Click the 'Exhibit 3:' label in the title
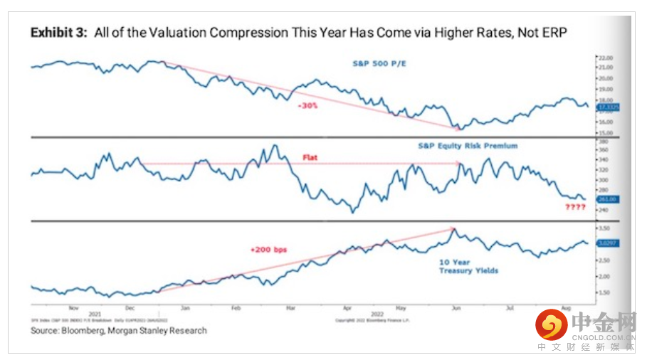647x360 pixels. point(55,33)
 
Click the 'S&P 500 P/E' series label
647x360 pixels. point(384,64)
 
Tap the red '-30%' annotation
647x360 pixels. point(307,105)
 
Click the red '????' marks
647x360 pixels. point(575,207)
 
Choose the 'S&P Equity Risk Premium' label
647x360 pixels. point(468,146)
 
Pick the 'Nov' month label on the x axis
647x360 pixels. point(74,309)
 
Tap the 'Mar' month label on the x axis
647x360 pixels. point(290,309)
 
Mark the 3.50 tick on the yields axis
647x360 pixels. point(606,228)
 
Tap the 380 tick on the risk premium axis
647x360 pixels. point(604,140)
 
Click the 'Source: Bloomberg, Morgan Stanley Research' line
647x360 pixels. point(119,330)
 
